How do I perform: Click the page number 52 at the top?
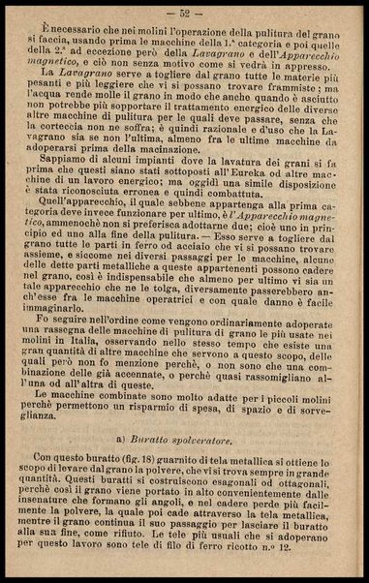click(185, 13)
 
